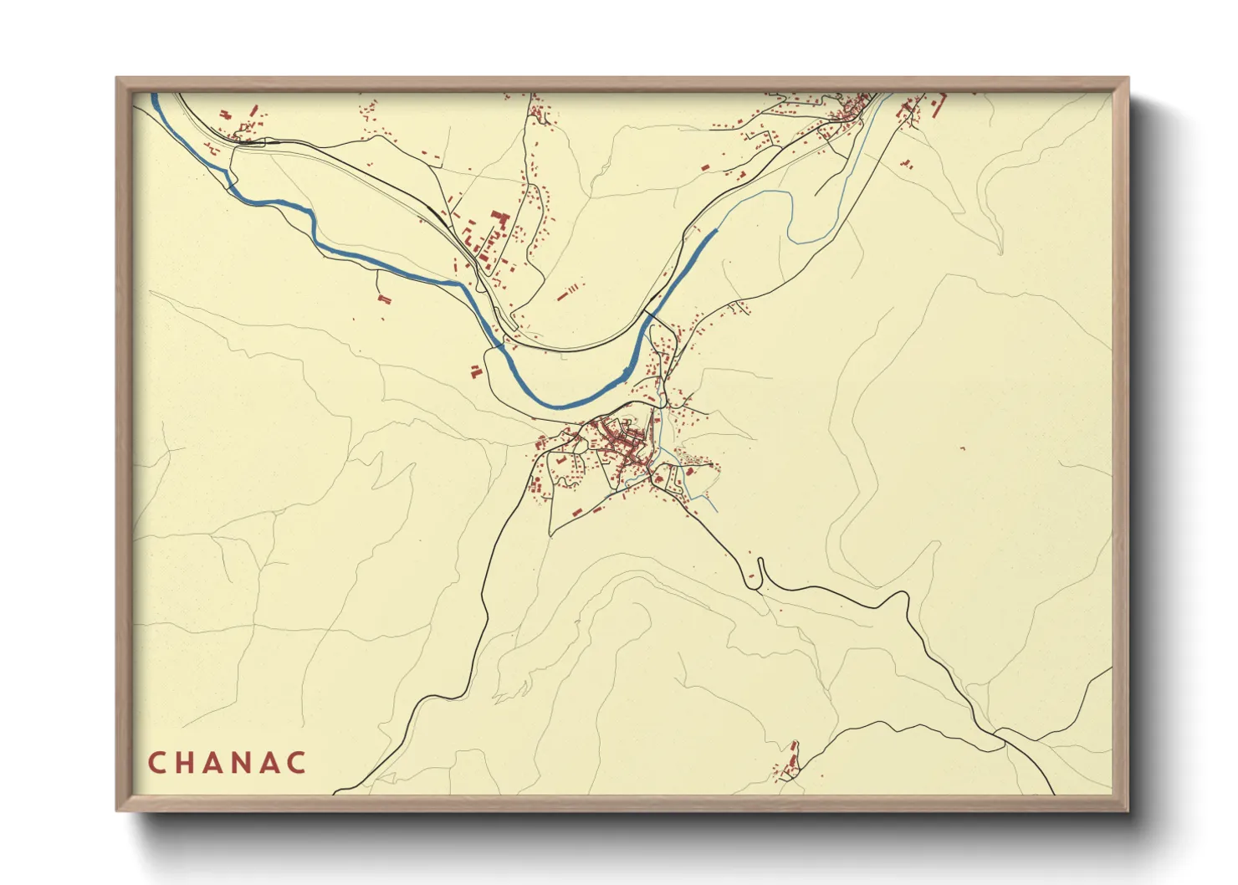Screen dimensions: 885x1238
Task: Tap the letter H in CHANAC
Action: click(x=187, y=763)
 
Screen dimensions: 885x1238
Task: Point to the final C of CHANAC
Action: click(x=297, y=763)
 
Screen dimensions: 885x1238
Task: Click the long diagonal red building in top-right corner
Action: click(x=938, y=105)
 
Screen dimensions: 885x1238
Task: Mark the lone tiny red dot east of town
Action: click(x=962, y=449)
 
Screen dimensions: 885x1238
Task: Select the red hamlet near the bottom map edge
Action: click(x=788, y=761)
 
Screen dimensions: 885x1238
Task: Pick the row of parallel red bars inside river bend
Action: click(x=568, y=292)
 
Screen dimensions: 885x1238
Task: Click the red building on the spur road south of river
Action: click(x=474, y=371)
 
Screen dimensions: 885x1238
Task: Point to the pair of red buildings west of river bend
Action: click(x=383, y=298)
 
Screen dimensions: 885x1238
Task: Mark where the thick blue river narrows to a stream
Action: click(x=716, y=229)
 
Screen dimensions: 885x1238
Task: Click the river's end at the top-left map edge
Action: click(x=155, y=97)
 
